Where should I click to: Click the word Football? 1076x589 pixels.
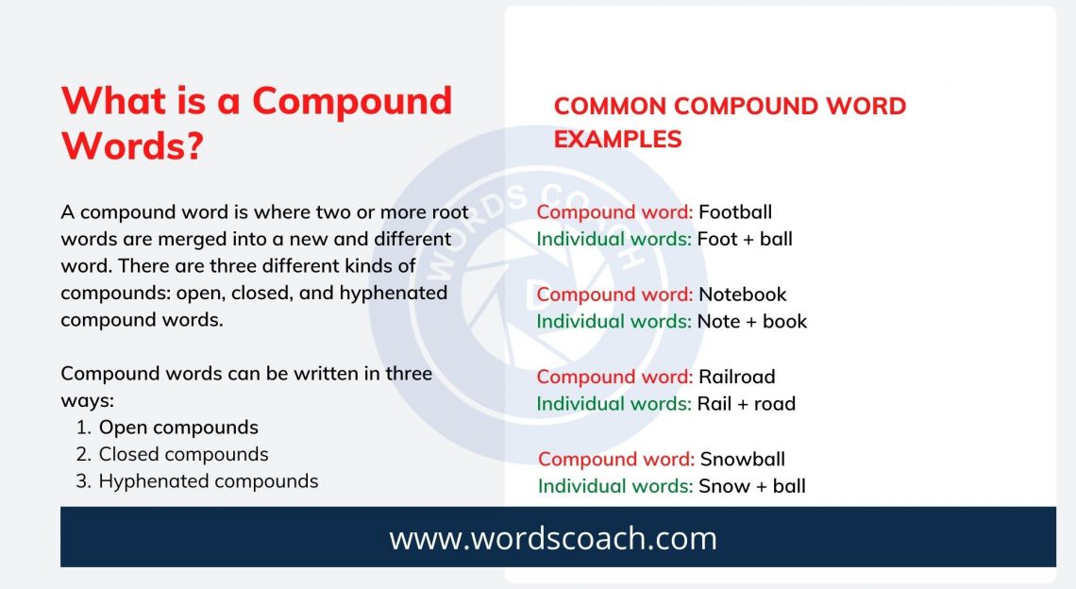click(735, 212)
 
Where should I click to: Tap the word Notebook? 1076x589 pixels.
click(743, 294)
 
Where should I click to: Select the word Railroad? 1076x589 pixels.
click(737, 377)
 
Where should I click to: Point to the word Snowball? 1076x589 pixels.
click(742, 460)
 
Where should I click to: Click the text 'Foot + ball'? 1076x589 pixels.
click(745, 239)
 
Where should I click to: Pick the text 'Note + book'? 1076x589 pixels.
click(752, 321)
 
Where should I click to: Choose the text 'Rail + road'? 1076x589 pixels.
click(747, 403)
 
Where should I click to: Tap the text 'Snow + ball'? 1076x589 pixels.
click(752, 486)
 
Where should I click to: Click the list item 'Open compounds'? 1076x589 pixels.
click(178, 428)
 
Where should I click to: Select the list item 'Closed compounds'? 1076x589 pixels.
click(184, 454)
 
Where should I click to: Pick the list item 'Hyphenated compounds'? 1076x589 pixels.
click(209, 481)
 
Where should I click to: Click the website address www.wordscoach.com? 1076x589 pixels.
click(553, 538)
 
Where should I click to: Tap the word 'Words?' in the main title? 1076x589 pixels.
click(132, 146)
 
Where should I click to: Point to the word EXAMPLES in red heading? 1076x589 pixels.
click(617, 140)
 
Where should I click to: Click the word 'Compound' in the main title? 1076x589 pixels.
click(352, 101)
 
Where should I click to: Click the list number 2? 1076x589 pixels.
click(84, 454)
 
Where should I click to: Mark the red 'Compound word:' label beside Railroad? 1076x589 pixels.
click(614, 377)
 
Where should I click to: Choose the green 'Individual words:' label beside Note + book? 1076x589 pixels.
click(614, 321)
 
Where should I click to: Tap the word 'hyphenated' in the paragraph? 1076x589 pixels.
click(394, 293)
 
